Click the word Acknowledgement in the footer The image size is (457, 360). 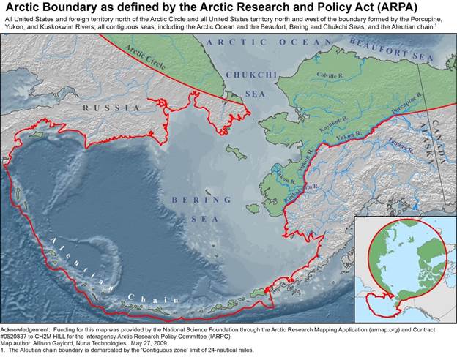coord(25,331)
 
